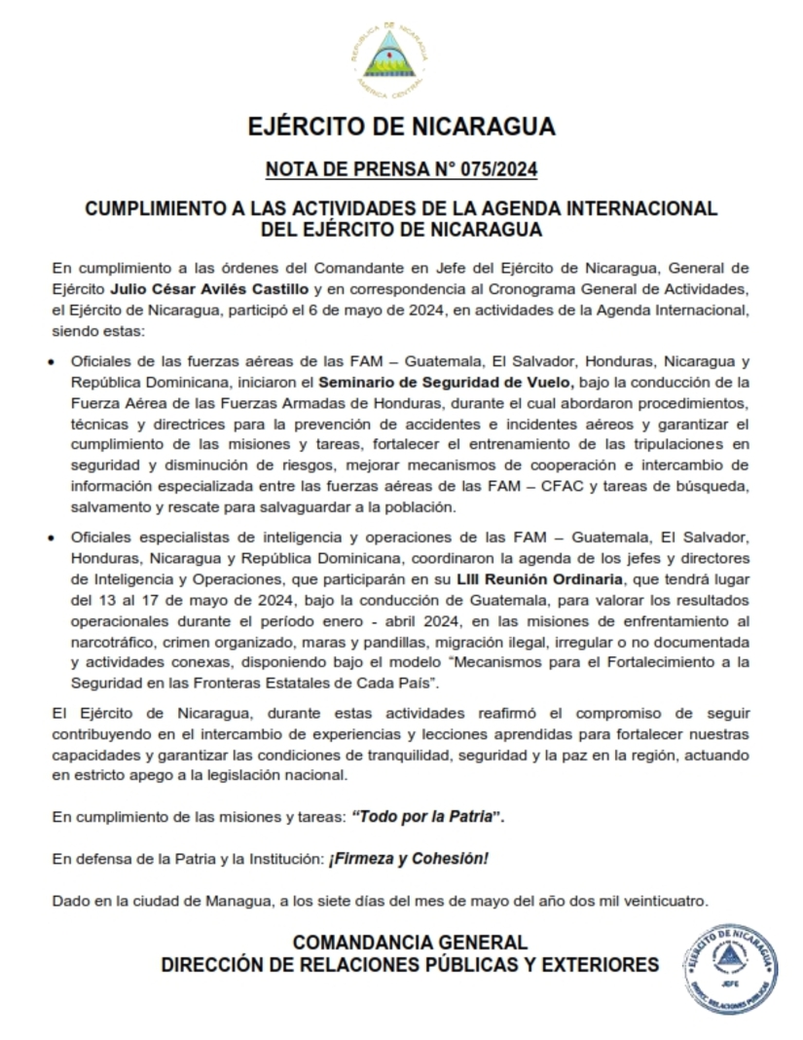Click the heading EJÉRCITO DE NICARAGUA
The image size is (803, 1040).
pyautogui.click(x=401, y=128)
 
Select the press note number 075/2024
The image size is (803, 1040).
pyautogui.click(x=496, y=170)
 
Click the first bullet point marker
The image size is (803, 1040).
pyautogui.click(x=52, y=362)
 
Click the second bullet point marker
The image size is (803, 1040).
pyautogui.click(x=52, y=538)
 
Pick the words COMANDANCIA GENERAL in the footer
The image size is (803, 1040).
pyautogui.click(x=411, y=943)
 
